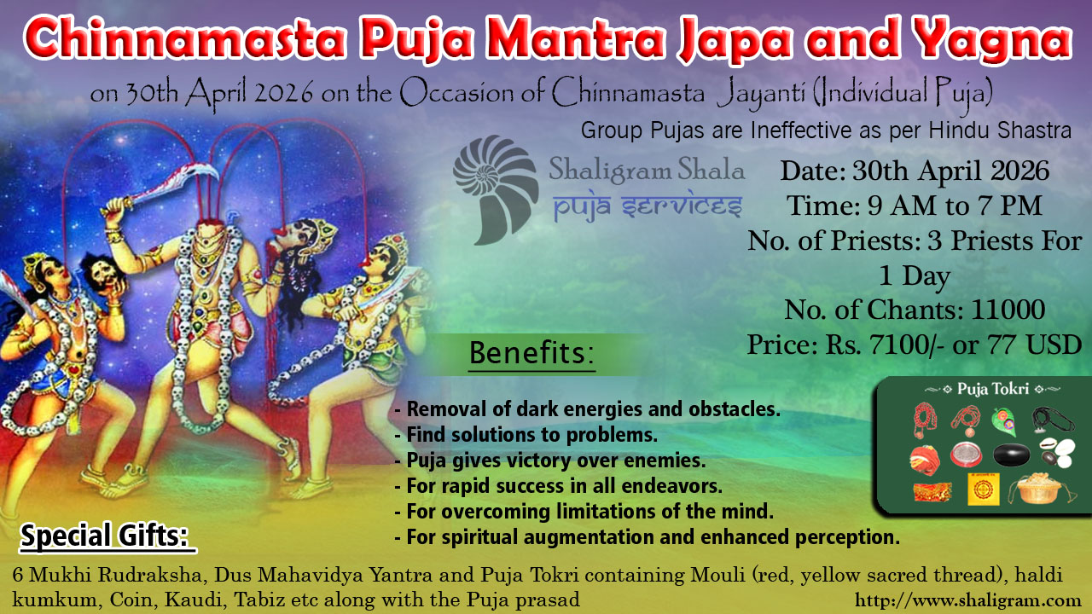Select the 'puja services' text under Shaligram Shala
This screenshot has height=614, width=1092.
coord(648,206)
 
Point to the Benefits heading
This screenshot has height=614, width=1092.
coord(531,353)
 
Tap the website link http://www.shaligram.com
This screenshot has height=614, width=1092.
coord(973,600)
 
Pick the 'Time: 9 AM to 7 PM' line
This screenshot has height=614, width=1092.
coord(915,206)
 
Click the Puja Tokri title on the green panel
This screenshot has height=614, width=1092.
coord(993,389)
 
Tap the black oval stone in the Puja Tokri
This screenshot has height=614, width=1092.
coord(1012,455)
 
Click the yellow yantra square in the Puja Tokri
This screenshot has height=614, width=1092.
coord(984,489)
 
